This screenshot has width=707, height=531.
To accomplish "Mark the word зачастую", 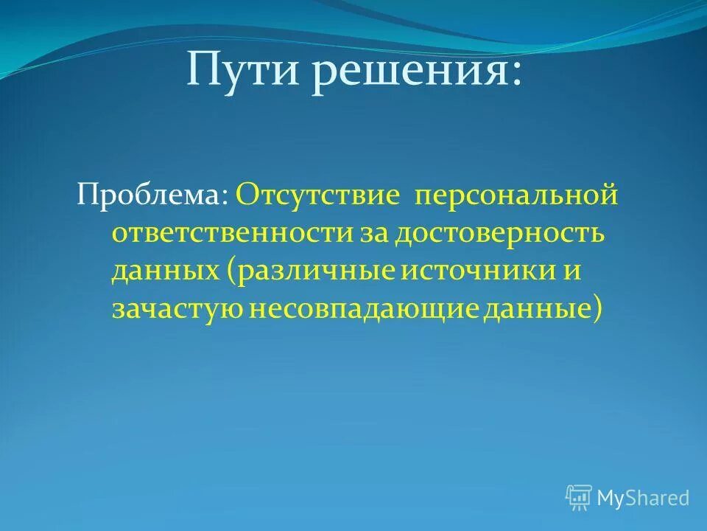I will pos(177,307).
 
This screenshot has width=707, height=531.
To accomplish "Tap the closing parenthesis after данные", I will pos(594,307).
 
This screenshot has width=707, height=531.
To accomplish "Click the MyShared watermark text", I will pos(643,497).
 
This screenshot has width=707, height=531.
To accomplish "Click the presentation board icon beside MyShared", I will pos(578,498).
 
